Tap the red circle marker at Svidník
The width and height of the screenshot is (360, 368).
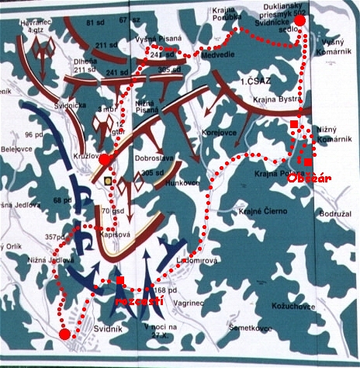coord(64,334)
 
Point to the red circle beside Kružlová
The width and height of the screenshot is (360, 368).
coord(105,158)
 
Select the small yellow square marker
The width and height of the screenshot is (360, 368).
coord(107,181)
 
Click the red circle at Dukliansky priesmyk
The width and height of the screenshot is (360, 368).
coord(303,21)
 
